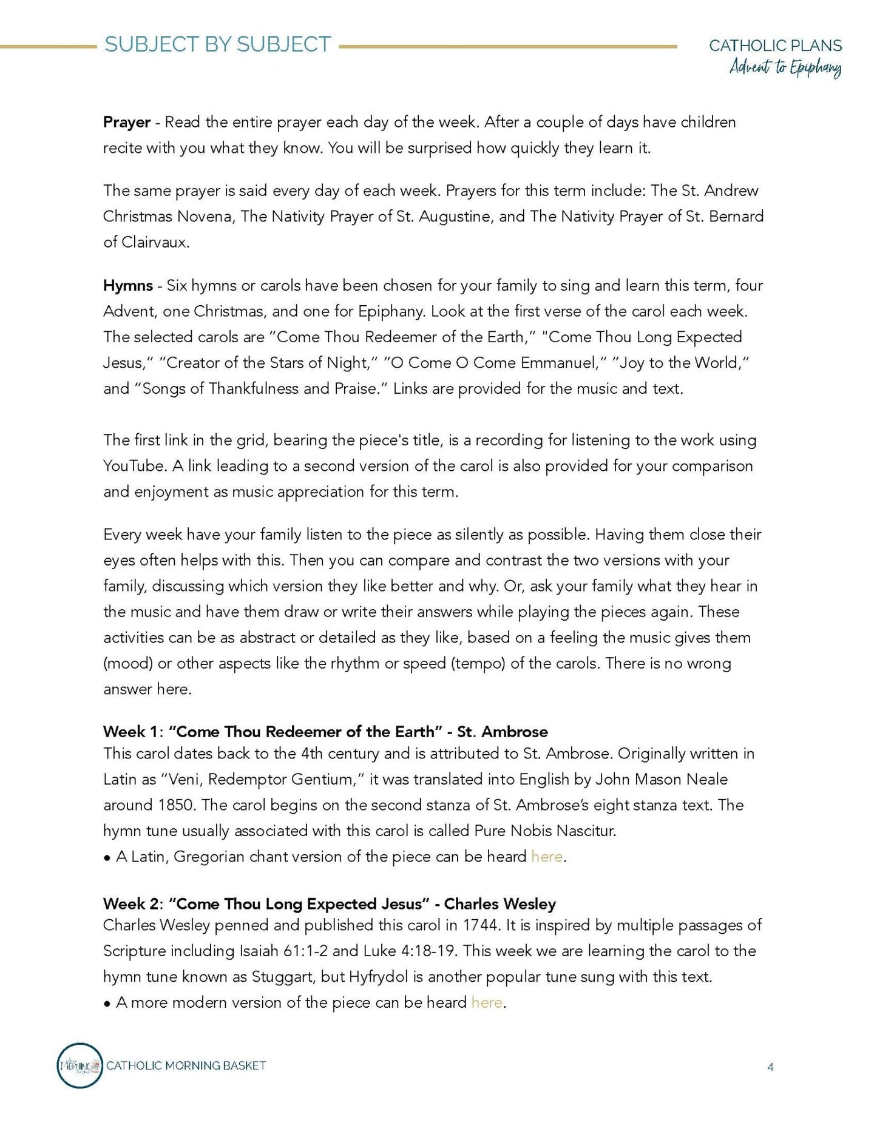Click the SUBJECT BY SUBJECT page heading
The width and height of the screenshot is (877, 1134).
click(x=217, y=44)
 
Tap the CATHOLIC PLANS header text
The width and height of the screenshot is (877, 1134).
click(x=775, y=46)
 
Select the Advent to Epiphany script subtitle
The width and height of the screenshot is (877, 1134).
click(x=785, y=67)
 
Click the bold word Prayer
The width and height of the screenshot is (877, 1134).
click(x=126, y=122)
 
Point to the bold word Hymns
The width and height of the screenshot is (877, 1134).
click(x=127, y=285)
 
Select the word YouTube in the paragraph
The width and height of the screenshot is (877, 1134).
click(x=135, y=466)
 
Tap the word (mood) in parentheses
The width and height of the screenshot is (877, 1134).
click(x=127, y=663)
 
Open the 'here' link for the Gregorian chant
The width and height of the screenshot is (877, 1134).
click(x=546, y=857)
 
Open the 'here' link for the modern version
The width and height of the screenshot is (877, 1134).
click(x=487, y=1002)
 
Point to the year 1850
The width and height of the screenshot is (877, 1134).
click(x=176, y=805)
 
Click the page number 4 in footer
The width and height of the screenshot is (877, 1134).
click(x=770, y=1067)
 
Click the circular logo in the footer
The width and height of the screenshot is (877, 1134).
click(x=80, y=1065)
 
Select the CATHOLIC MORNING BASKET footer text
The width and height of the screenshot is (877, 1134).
click(x=186, y=1065)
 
